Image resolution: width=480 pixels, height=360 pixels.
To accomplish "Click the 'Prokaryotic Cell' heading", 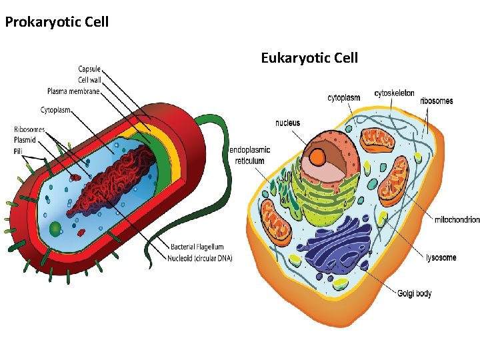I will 57,22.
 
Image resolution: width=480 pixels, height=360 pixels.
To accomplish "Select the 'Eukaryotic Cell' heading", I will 309,58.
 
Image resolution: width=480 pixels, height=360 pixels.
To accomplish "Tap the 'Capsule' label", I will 89,69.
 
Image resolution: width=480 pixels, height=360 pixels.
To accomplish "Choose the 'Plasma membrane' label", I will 73,91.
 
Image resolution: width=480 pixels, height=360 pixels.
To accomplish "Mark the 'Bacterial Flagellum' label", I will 197,247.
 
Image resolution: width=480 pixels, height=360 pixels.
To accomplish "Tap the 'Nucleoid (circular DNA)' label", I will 200,258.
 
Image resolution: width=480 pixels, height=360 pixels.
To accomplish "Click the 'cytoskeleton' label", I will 394,93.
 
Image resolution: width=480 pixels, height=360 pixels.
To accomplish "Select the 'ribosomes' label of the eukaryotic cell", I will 436,101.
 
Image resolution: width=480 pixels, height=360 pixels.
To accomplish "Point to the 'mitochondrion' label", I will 457,219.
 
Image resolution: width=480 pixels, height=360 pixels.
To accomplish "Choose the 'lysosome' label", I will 441,258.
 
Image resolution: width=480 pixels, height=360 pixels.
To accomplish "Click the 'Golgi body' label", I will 415,293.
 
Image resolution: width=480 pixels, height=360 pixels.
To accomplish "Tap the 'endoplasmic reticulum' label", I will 250,155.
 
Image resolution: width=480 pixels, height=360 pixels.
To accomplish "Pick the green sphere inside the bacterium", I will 55,230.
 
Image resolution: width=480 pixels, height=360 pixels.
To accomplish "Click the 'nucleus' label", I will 287,123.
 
